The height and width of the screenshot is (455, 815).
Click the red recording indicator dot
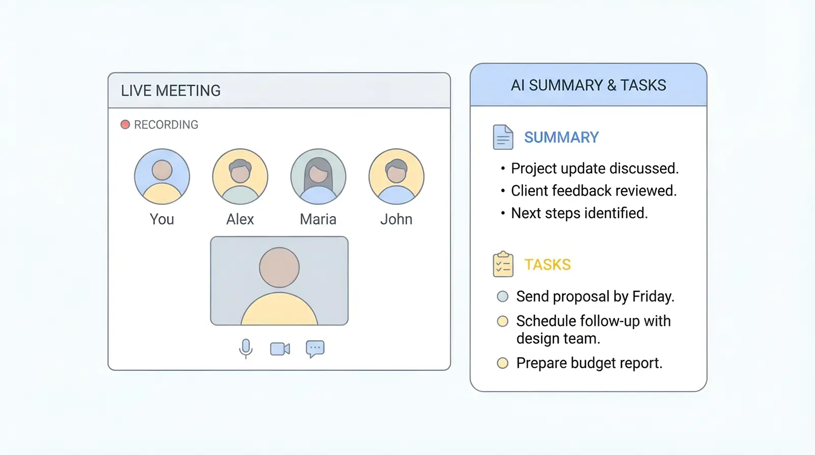click(x=125, y=124)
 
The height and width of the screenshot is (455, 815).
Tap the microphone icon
click(x=246, y=349)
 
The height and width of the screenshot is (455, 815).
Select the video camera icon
click(x=280, y=349)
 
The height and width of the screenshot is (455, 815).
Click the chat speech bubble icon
click(x=315, y=349)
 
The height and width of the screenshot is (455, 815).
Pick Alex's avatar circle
click(x=240, y=176)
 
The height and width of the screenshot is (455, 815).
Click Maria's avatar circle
click(x=318, y=176)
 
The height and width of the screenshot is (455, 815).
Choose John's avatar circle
click(x=397, y=176)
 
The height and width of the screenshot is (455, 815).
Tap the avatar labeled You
click(x=162, y=176)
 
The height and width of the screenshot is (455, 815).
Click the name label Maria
click(x=318, y=219)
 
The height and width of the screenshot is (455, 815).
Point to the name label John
click(x=396, y=219)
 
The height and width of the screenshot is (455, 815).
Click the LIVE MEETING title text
click(x=171, y=91)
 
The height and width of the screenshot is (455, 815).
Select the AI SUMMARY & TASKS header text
click(x=588, y=85)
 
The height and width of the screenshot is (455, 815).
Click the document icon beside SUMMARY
click(x=503, y=137)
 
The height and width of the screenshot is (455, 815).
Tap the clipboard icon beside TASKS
click(x=503, y=264)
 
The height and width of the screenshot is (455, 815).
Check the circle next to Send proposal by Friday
click(x=503, y=297)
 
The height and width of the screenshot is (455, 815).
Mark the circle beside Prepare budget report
click(x=503, y=363)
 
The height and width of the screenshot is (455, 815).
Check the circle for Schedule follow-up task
click(x=503, y=321)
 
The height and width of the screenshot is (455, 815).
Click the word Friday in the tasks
click(x=653, y=297)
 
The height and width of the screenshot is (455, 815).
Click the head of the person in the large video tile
click(x=280, y=267)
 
